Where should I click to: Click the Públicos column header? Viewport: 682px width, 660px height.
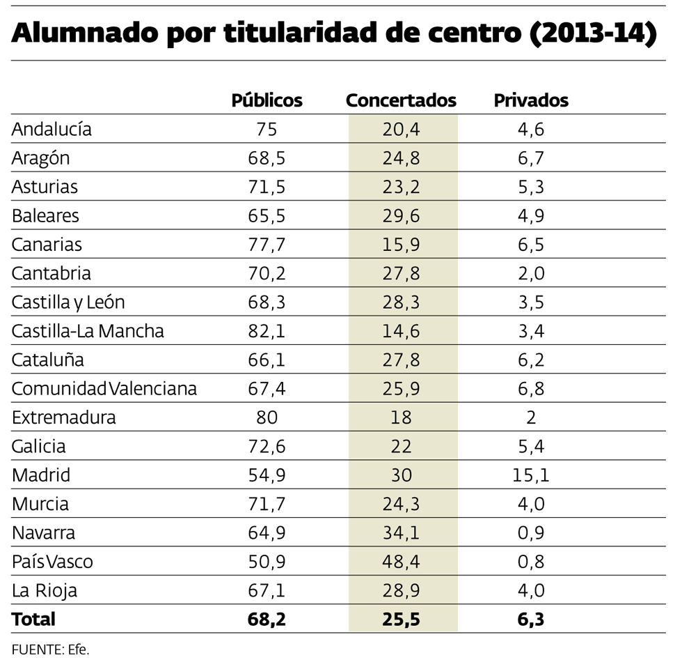click(267, 100)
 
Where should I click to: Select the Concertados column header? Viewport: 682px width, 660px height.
click(401, 100)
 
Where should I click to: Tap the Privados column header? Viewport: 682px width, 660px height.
click(531, 100)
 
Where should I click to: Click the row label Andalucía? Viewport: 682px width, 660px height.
click(51, 130)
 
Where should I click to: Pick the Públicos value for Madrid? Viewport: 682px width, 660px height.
click(267, 475)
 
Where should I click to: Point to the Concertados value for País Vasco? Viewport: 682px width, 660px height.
click(401, 562)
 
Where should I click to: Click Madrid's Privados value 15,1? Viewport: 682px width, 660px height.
click(531, 475)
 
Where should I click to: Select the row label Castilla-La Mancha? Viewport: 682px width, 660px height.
click(88, 331)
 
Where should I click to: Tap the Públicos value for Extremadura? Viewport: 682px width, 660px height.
click(267, 417)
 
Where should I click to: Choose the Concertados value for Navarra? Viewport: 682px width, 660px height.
click(401, 533)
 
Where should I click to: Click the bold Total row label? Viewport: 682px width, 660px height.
click(33, 619)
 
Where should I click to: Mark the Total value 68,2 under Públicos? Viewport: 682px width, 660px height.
click(267, 619)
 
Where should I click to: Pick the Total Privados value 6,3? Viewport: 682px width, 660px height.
click(531, 619)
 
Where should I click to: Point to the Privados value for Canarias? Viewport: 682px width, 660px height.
click(531, 245)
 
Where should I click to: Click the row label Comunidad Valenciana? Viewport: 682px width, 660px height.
click(104, 389)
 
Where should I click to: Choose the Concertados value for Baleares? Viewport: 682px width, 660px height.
click(401, 216)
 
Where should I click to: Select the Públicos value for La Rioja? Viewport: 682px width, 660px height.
click(267, 591)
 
